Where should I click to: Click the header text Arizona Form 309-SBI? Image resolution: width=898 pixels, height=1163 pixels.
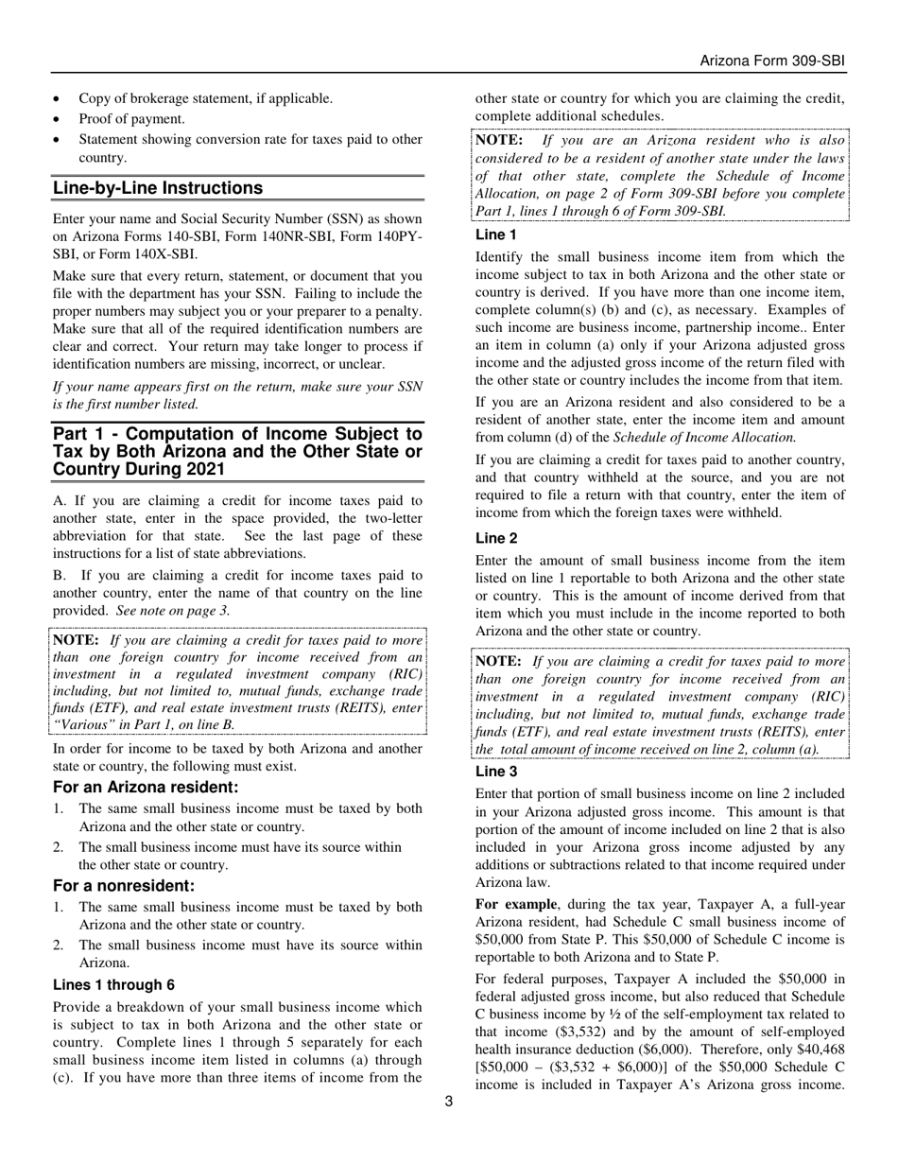771,61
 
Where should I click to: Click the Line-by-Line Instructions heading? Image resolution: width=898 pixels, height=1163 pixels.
158,188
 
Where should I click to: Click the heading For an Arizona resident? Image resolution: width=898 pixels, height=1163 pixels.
146,787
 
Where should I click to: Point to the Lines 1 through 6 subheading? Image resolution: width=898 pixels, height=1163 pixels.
113,984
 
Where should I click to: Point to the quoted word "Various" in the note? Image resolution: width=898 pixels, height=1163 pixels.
82,724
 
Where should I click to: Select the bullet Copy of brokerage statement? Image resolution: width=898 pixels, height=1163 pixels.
205,98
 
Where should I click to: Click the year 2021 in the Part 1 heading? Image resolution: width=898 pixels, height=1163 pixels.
204,469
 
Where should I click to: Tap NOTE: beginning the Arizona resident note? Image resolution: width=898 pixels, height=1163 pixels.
498,140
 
